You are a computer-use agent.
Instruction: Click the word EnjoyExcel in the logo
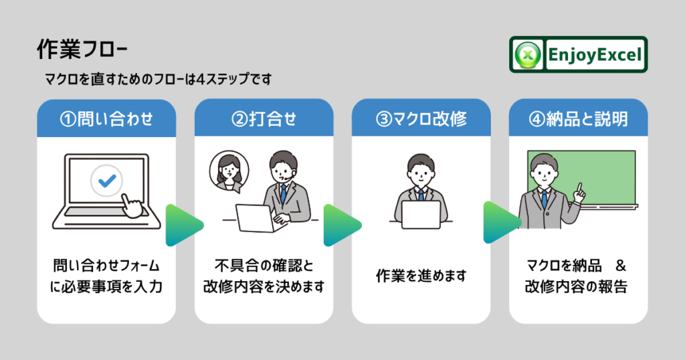point(594,54)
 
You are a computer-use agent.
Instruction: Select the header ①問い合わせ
point(106,119)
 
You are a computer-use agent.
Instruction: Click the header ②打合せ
point(264,119)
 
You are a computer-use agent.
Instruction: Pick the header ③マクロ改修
point(421,119)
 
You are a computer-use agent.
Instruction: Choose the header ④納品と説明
point(579,119)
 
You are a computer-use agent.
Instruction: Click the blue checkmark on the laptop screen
point(106,179)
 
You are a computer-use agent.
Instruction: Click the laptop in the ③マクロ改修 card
point(421,213)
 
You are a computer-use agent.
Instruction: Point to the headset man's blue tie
point(284,194)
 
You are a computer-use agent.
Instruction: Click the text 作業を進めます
point(421,276)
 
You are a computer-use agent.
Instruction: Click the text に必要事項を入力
point(106,288)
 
